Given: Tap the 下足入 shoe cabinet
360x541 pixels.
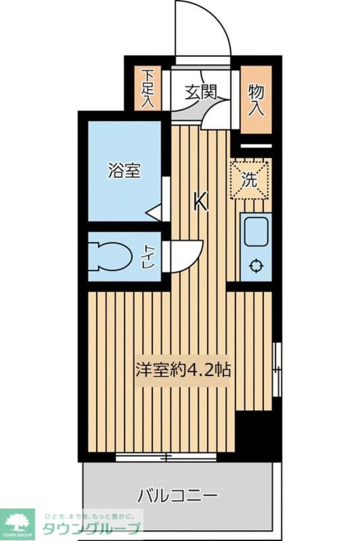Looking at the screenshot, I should point(148,89).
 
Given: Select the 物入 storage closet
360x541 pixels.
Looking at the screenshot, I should point(256,99).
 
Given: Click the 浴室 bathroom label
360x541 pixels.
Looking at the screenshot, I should point(124,171).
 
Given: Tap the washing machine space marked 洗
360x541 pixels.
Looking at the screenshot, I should point(250,179).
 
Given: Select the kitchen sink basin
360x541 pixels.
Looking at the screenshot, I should point(256,231).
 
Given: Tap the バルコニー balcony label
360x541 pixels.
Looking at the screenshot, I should point(177,496).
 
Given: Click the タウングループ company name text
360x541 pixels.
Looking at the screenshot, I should point(91,528).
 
